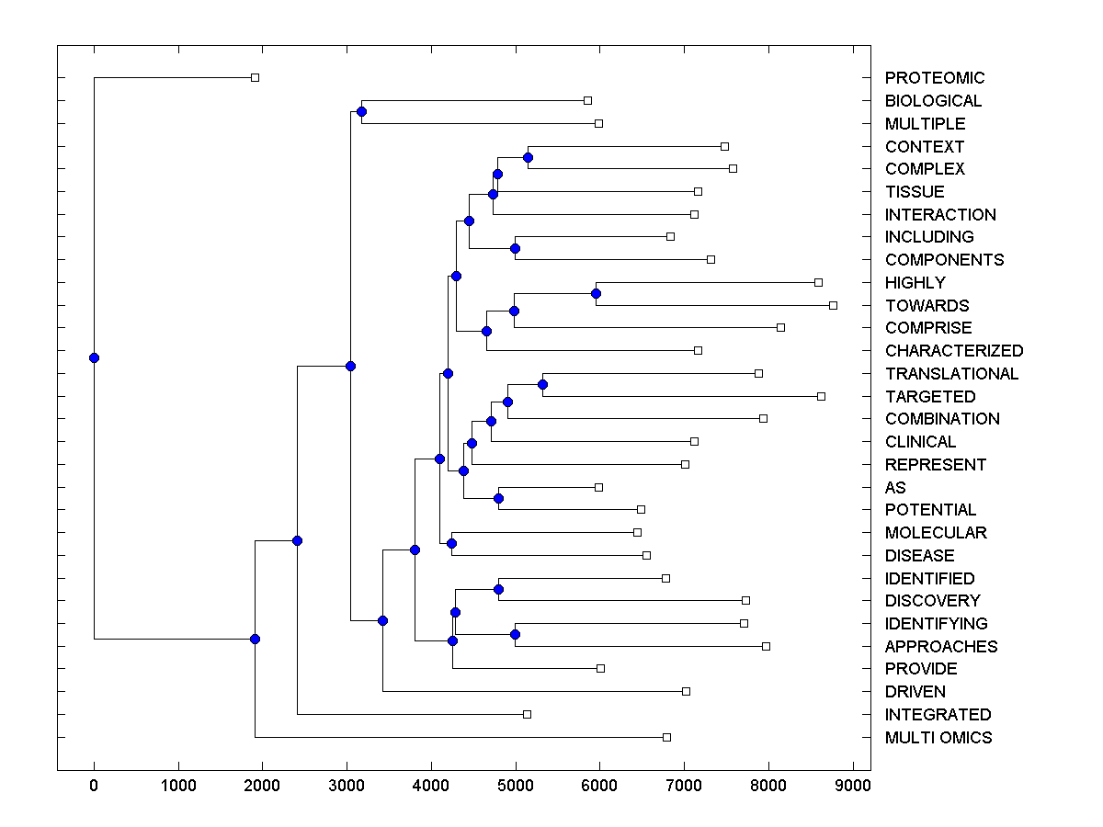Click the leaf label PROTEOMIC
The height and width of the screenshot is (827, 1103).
[934, 78]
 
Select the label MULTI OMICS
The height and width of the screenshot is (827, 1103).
[938, 738]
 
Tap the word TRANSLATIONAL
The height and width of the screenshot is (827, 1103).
[951, 374]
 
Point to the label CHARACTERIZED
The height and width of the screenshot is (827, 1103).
[953, 351]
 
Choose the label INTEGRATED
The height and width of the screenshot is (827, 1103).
[938, 715]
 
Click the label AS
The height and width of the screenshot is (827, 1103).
[895, 488]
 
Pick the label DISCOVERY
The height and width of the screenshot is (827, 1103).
[932, 601]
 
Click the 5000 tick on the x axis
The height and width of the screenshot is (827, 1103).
[515, 786]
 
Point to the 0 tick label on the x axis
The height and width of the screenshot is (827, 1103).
[94, 786]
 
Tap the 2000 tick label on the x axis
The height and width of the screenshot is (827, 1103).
[262, 786]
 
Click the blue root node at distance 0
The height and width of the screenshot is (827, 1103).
[94, 358]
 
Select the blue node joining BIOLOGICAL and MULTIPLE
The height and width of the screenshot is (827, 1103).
[361, 112]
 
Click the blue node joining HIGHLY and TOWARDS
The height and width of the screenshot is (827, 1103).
[596, 294]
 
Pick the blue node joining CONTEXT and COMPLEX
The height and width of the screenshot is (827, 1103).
[528, 157]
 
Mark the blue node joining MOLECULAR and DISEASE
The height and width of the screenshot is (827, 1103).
[451, 544]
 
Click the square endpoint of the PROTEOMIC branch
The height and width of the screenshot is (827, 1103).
[256, 78]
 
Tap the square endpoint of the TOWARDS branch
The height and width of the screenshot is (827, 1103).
[833, 305]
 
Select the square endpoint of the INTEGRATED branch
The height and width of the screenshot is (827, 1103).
[527, 714]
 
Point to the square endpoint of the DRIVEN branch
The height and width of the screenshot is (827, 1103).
[686, 691]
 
